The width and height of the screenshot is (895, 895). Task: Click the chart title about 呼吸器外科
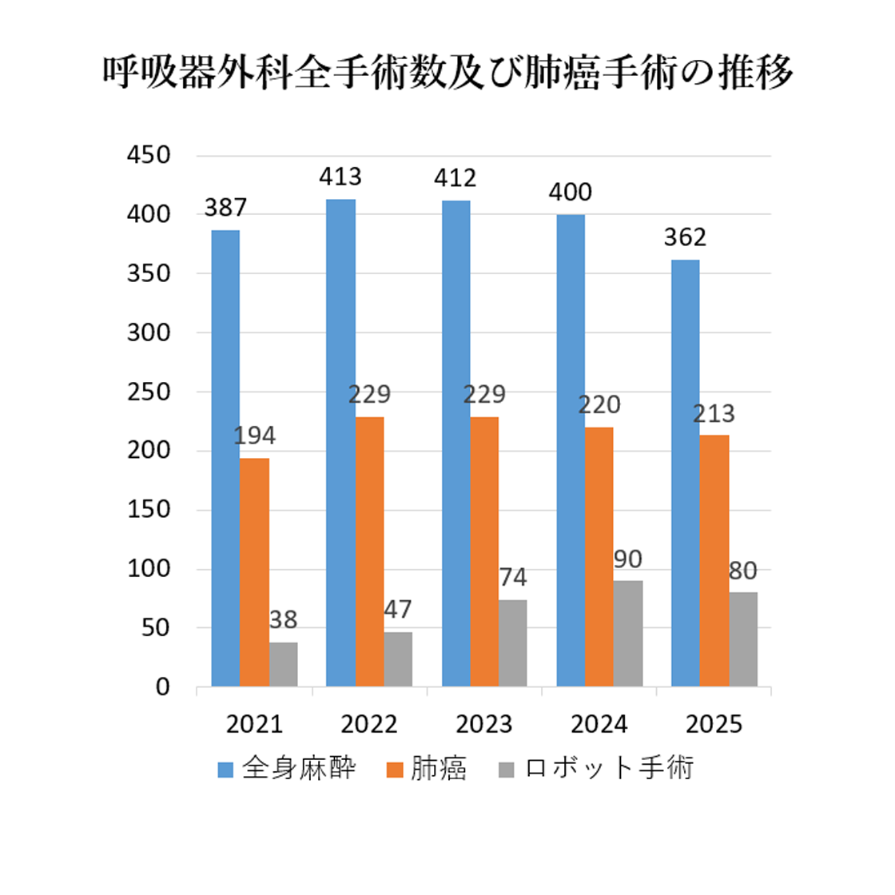(x=447, y=73)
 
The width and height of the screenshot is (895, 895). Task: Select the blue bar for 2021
(x=225, y=458)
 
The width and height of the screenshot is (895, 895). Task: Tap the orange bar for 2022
(x=370, y=551)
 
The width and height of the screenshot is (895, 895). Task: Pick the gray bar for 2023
(x=512, y=642)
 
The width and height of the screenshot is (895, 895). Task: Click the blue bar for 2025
(x=686, y=473)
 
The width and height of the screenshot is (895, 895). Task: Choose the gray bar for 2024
(x=628, y=634)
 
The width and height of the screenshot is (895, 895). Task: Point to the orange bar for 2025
(x=714, y=560)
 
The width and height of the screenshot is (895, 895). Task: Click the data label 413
(x=340, y=177)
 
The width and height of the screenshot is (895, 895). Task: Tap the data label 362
(x=685, y=237)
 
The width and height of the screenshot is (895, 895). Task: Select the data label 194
(x=255, y=436)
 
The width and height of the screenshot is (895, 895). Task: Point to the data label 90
(x=628, y=559)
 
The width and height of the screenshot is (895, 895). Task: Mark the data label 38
(x=283, y=620)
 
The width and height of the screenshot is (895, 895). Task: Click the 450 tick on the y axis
(x=149, y=155)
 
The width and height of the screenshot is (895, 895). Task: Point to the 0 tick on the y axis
(x=163, y=687)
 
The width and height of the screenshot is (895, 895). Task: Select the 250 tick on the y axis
(x=149, y=392)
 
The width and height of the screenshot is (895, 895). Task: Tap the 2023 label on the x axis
(x=484, y=724)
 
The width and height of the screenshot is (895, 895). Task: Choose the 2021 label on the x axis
(x=255, y=724)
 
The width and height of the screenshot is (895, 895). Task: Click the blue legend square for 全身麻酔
(x=225, y=770)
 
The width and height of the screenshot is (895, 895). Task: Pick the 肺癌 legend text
(x=439, y=768)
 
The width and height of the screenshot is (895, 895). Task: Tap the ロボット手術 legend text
(x=609, y=768)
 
